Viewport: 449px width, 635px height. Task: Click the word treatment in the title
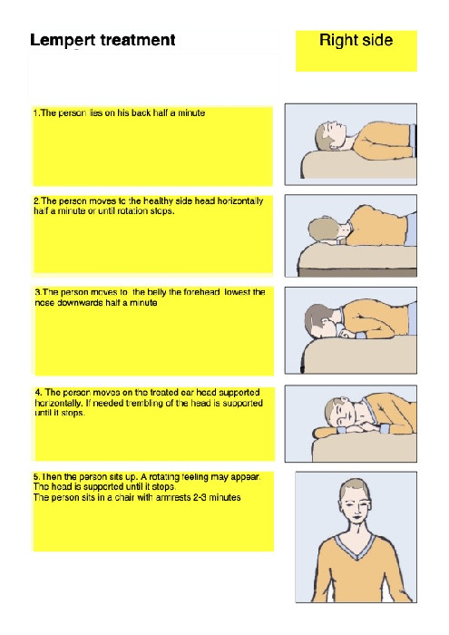point(137,41)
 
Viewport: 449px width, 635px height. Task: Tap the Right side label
point(356,41)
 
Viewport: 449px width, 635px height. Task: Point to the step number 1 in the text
point(35,113)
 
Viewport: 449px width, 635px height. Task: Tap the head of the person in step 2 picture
point(323,229)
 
